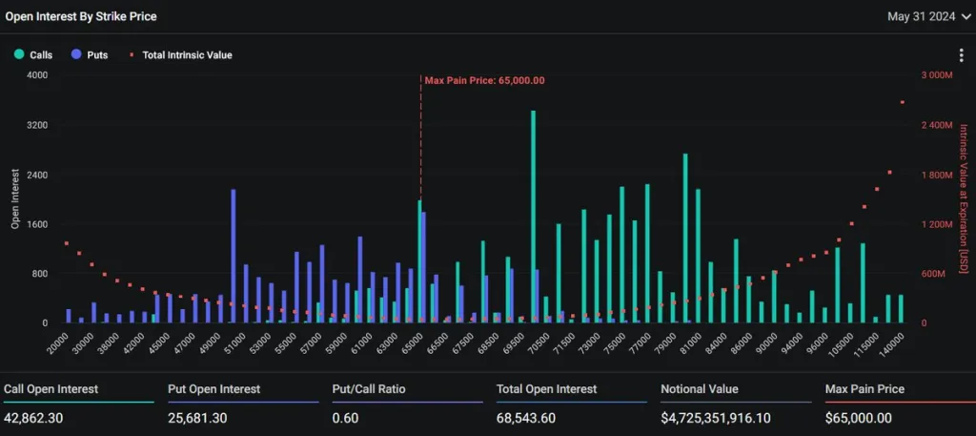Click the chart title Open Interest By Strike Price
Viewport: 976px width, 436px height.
pos(81,16)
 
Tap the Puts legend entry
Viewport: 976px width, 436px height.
pos(91,54)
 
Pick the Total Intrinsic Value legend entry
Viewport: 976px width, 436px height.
pos(181,54)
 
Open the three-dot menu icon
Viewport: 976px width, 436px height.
pos(962,56)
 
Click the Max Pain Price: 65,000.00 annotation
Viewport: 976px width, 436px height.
pos(484,80)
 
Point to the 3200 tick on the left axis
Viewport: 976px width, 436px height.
pos(36,126)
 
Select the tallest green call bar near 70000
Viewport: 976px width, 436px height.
pos(533,217)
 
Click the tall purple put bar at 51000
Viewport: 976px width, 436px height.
pos(233,256)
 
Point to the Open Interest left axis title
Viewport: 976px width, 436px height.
pos(16,199)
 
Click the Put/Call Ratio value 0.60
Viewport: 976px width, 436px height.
pos(345,417)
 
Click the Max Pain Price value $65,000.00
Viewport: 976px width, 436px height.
pos(859,417)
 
